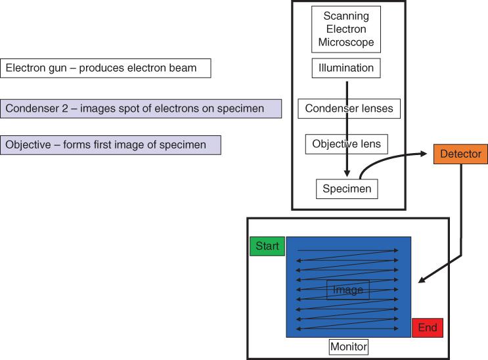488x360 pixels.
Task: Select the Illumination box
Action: [346, 68]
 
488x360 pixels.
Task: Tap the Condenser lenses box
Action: [349, 108]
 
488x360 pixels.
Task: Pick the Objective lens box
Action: [346, 144]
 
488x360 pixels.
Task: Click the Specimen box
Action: [347, 189]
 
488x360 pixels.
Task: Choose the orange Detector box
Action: [460, 154]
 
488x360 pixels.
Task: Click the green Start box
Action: [267, 246]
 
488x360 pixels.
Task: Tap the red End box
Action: [428, 328]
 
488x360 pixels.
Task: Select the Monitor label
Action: [349, 346]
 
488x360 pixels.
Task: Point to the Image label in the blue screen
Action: [347, 290]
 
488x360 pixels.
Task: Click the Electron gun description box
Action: [106, 68]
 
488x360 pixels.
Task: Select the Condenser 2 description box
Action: [141, 108]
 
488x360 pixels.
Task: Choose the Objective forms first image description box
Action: [111, 145]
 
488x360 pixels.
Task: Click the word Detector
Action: [460, 154]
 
